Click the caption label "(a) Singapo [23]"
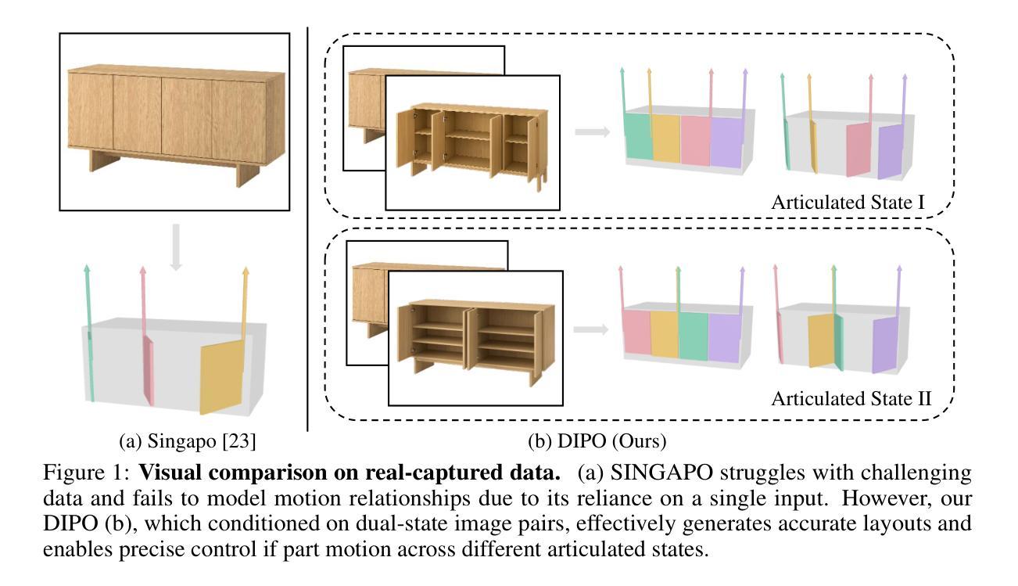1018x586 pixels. pyautogui.click(x=187, y=441)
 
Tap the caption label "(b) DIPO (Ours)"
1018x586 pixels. pyautogui.click(x=597, y=441)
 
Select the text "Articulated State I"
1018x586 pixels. pyautogui.click(x=848, y=203)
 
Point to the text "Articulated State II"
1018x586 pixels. pyautogui.click(x=851, y=399)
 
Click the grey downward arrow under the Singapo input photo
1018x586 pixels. pyautogui.click(x=176, y=247)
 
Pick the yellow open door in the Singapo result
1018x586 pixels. pyautogui.click(x=222, y=377)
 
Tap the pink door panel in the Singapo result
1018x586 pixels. pyautogui.click(x=148, y=371)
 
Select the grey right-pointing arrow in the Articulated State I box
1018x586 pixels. pyautogui.click(x=592, y=132)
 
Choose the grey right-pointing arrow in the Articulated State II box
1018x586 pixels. pyautogui.click(x=591, y=329)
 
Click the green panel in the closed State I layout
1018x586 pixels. pyautogui.click(x=638, y=136)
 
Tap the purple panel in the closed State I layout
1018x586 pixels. pyautogui.click(x=726, y=142)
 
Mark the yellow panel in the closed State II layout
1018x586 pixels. pyautogui.click(x=665, y=334)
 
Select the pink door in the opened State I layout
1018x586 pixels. pyautogui.click(x=858, y=149)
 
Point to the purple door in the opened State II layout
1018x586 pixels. pyautogui.click(x=885, y=344)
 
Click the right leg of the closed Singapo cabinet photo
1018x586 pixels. pyautogui.click(x=247, y=174)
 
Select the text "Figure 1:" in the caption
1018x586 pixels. pyautogui.click(x=86, y=473)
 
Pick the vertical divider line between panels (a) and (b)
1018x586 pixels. pyautogui.click(x=308, y=229)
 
